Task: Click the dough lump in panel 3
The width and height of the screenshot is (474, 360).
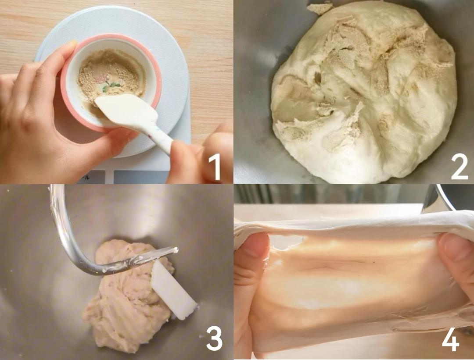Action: [x=127, y=299]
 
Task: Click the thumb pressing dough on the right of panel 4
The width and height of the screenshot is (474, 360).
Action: [x=456, y=257]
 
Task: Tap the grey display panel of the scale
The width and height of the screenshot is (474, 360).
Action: [x=140, y=177]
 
